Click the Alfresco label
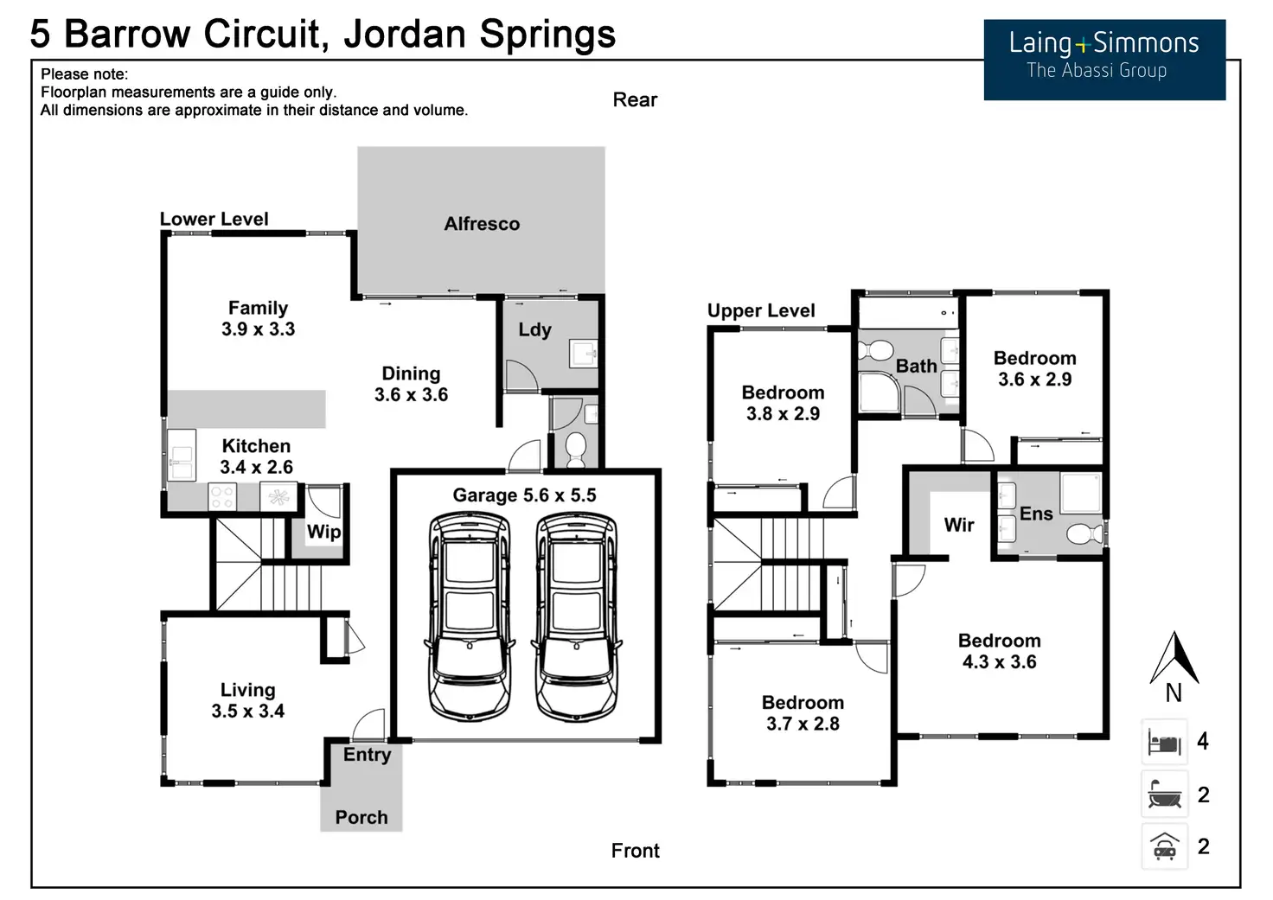click(482, 224)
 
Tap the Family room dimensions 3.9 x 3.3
click(258, 329)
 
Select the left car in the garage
click(470, 616)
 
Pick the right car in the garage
click(576, 616)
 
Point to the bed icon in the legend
click(1164, 742)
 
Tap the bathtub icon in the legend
click(1164, 794)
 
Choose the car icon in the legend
click(1164, 846)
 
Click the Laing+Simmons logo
click(1104, 60)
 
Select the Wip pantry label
click(324, 532)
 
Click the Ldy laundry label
click(534, 329)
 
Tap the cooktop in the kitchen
click(222, 496)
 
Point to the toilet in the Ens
click(1085, 534)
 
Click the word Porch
click(361, 817)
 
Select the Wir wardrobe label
click(959, 525)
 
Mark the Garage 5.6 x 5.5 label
click(524, 495)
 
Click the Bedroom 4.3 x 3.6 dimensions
click(999, 662)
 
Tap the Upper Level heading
click(761, 310)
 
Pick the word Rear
click(635, 100)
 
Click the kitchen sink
click(182, 455)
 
